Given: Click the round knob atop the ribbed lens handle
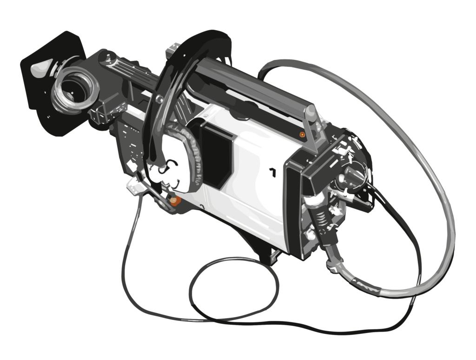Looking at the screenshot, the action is click(108, 57).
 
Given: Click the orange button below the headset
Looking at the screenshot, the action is click(175, 201).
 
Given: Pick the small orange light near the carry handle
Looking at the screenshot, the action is click(302, 134).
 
